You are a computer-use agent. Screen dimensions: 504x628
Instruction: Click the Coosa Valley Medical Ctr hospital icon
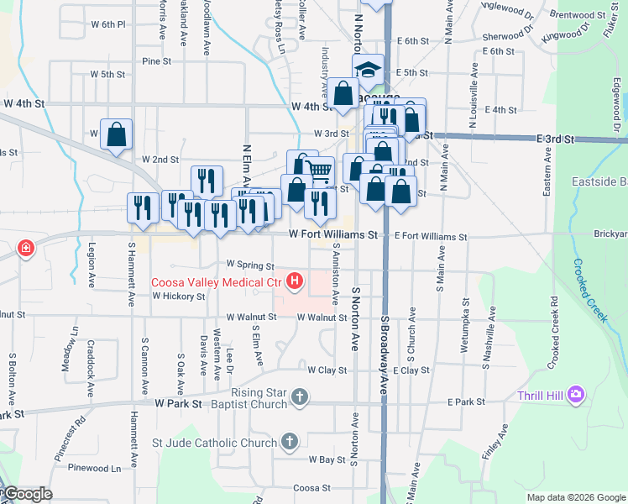click(295, 281)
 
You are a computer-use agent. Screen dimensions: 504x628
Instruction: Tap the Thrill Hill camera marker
click(576, 394)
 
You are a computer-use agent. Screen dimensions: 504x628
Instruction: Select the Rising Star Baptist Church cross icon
click(300, 396)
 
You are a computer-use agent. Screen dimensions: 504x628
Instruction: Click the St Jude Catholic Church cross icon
click(289, 441)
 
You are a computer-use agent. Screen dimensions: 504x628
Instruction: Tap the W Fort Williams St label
click(332, 235)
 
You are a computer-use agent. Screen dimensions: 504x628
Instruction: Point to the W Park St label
click(180, 403)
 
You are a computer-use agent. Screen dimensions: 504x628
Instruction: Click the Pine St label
click(156, 61)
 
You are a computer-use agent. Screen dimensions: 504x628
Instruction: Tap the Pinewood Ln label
click(95, 468)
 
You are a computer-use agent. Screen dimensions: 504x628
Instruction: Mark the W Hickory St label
click(178, 297)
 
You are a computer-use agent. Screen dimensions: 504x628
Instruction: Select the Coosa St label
click(311, 488)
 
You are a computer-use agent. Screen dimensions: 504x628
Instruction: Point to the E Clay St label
click(411, 370)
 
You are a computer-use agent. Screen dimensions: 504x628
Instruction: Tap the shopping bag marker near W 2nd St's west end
click(116, 134)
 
